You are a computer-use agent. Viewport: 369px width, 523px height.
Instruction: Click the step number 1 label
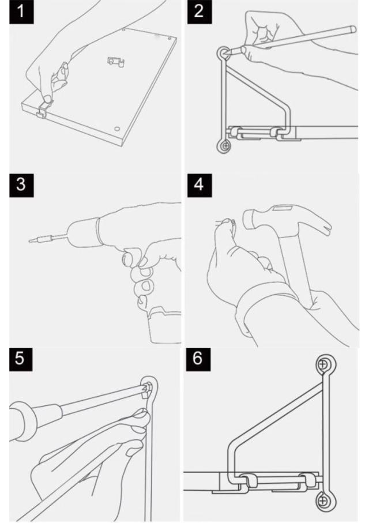(21, 12)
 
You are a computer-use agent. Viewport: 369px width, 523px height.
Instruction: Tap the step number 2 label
(199, 12)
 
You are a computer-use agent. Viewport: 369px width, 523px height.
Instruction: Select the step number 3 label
(21, 185)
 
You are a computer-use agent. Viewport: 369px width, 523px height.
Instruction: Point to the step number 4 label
(199, 185)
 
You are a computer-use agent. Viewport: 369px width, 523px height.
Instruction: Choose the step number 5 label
(21, 359)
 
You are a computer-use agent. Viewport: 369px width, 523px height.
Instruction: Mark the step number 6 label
(198, 359)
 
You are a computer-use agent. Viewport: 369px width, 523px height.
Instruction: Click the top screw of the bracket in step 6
(323, 364)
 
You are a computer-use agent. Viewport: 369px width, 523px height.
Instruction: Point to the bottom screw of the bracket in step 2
(225, 146)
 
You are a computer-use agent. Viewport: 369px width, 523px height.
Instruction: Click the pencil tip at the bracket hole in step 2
(228, 52)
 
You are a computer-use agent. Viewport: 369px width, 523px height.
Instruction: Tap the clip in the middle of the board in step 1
(116, 61)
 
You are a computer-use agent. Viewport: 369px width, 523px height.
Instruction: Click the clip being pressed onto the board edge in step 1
(43, 109)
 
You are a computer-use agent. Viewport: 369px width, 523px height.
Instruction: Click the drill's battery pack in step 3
(164, 325)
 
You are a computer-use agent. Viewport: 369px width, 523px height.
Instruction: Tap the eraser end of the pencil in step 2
(353, 29)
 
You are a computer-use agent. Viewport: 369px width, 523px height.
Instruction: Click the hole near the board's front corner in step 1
(117, 129)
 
